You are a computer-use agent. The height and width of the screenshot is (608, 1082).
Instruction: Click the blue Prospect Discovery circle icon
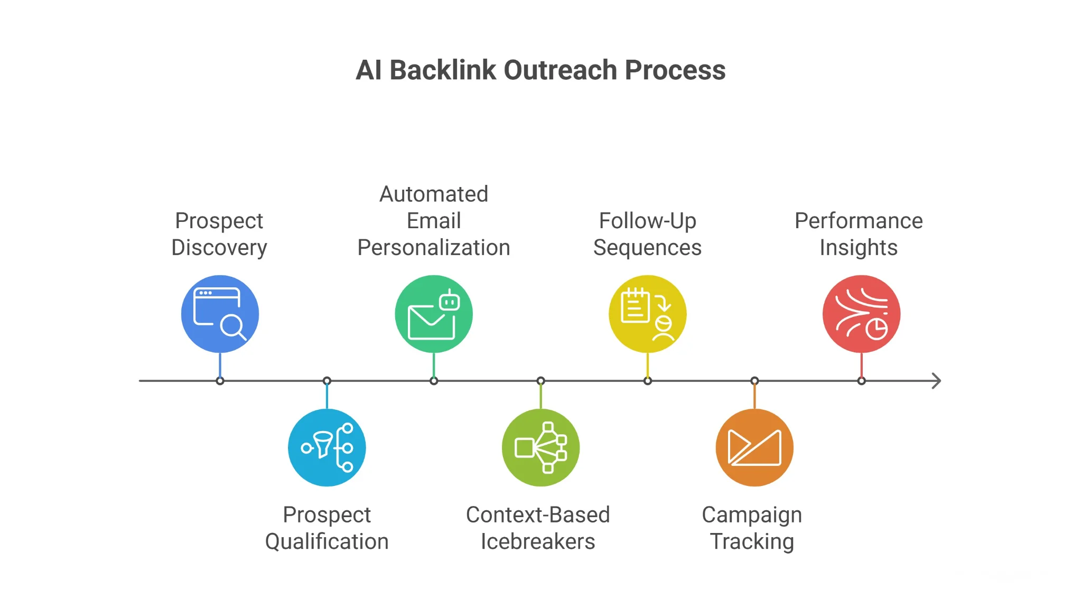coord(220,314)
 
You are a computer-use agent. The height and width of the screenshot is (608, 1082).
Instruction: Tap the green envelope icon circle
coord(434,314)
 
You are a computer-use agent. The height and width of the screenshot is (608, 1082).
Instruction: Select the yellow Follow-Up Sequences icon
coord(647,314)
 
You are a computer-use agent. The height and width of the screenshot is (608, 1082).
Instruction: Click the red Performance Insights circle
coord(861,314)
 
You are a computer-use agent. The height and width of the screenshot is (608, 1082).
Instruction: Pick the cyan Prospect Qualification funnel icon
coord(327,447)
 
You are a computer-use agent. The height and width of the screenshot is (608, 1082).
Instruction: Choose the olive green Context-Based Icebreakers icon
coord(540,447)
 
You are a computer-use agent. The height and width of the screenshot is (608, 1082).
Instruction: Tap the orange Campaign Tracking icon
coord(754,447)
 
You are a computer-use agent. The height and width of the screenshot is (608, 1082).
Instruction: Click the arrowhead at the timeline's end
coord(936,381)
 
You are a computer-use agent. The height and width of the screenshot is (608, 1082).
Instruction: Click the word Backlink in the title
coord(443,70)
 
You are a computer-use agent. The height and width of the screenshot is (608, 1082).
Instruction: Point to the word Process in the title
coord(675,70)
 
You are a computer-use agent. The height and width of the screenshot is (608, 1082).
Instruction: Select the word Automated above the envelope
coord(434,194)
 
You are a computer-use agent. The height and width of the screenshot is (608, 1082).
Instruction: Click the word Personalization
coord(434,248)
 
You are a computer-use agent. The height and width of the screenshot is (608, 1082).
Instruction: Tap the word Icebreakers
coord(538,542)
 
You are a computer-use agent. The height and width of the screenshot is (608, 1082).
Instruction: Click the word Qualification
coord(327,542)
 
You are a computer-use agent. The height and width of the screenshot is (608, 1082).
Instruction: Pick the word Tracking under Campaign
coord(752,542)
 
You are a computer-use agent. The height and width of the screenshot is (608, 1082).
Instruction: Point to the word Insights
coord(859,248)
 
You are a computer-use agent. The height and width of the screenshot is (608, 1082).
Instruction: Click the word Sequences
coord(647,248)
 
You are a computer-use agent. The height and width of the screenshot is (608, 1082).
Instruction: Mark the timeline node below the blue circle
coord(220,381)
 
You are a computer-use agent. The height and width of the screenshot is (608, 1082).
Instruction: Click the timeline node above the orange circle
coord(754,381)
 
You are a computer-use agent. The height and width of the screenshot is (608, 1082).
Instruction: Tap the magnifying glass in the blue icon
coord(232,326)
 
